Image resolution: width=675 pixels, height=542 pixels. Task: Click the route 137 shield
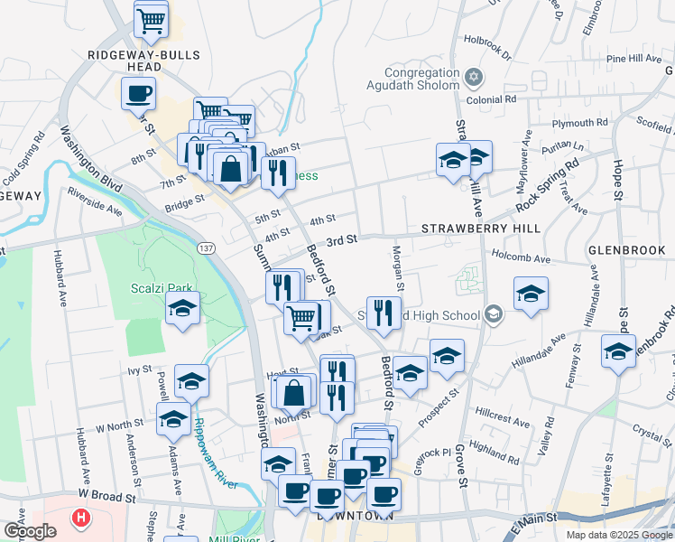pyautogui.click(x=206, y=246)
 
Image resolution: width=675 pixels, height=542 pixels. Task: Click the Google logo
pyautogui.click(x=29, y=531)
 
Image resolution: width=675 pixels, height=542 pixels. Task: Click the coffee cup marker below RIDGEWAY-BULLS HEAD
pyautogui.click(x=139, y=94)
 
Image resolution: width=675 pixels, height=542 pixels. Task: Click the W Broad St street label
pyautogui.click(x=106, y=496)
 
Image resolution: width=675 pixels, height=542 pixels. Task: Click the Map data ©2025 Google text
pyautogui.click(x=617, y=535)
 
